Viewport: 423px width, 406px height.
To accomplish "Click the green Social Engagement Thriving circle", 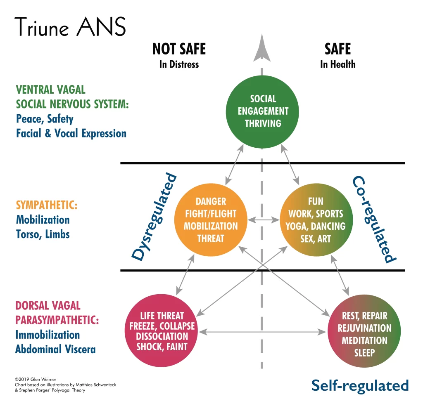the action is tap(262, 112).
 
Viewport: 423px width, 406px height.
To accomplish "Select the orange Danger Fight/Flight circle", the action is tap(211, 220).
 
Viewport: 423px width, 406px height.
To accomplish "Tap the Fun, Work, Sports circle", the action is tap(316, 220).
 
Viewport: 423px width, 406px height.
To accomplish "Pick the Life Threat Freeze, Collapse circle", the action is tap(162, 330).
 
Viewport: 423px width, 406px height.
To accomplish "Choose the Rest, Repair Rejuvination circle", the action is tap(364, 331).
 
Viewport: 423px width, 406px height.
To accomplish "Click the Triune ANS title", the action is tap(70, 26).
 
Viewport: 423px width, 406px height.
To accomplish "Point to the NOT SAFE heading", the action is tap(179, 49).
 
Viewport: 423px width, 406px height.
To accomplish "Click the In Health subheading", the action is tap(338, 64).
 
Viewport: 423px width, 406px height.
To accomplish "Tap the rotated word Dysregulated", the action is tap(154, 217).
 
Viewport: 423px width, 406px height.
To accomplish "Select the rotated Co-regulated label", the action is tap(375, 219).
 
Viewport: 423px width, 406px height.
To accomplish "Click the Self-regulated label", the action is tap(360, 386).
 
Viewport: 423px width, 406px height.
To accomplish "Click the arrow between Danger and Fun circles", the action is tap(264, 220).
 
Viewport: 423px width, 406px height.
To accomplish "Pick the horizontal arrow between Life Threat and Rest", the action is tap(262, 332).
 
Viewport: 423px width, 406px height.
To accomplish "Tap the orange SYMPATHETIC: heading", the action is tap(47, 205).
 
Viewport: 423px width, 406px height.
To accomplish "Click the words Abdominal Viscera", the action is tap(56, 349).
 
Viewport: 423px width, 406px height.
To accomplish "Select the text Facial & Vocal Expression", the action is tap(71, 133).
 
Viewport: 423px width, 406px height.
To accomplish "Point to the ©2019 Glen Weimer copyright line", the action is tap(36, 379).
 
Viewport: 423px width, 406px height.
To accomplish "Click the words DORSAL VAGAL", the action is tap(48, 305).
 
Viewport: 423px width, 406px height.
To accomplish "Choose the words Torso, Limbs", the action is tap(43, 234).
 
